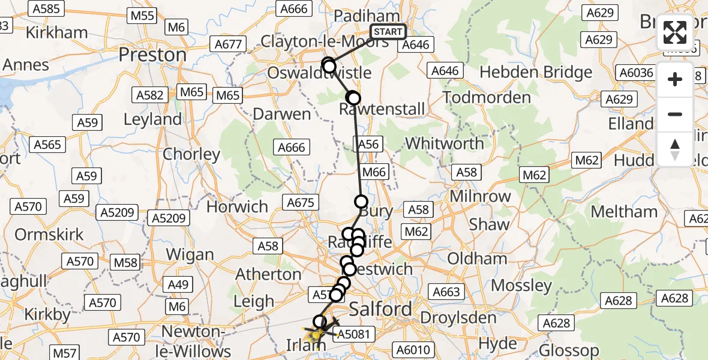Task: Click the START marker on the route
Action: [x=388, y=32]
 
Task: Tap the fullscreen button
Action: [x=675, y=32]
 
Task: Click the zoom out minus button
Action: [x=675, y=114]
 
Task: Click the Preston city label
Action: [x=152, y=55]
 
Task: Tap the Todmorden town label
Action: [x=487, y=97]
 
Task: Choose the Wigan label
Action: [x=190, y=254]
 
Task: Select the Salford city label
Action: [x=380, y=309]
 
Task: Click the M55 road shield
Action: [x=142, y=16]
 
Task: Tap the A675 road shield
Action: [x=301, y=203]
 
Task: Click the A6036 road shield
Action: [x=636, y=73]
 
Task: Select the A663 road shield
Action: [x=446, y=292]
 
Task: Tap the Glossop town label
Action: [x=569, y=350]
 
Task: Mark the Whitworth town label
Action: [x=445, y=144]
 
